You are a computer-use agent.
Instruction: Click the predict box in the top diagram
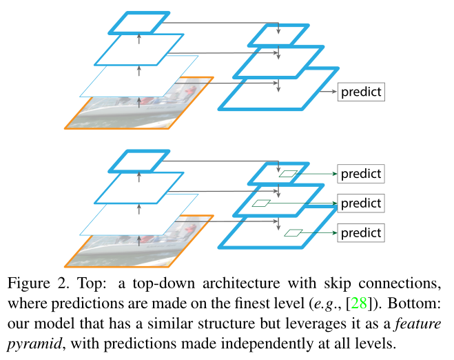[x=360, y=92]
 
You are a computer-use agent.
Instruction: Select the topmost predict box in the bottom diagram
[x=360, y=173]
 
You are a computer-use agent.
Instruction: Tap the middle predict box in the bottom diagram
[x=360, y=203]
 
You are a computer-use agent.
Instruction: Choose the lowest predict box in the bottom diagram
[x=360, y=232]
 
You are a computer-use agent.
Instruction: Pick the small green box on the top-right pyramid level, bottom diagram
[x=289, y=174]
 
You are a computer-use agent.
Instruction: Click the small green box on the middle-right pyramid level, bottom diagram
[x=261, y=203]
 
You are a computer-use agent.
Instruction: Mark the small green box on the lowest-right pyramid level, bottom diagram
[x=293, y=232]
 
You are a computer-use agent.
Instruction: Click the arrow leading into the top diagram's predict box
[x=327, y=92]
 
